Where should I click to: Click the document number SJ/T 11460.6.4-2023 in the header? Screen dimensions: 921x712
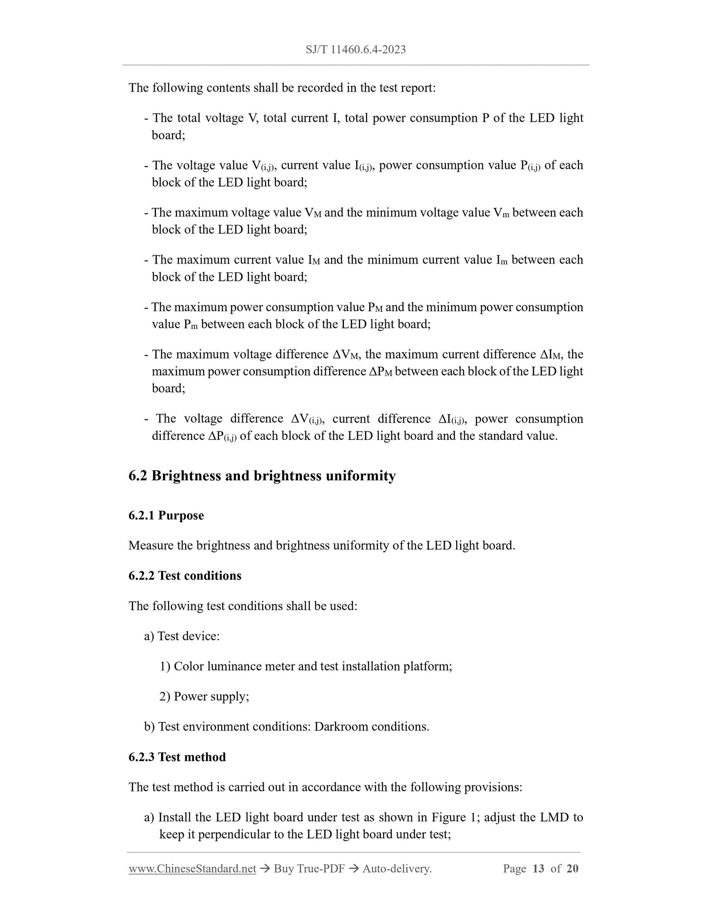click(x=356, y=49)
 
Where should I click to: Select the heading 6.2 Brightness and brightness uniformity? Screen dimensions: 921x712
click(x=262, y=476)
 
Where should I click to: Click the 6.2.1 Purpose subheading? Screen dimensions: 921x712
click(x=166, y=515)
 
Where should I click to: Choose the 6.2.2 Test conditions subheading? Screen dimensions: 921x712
click(x=185, y=576)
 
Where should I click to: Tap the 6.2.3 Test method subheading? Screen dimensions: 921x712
click(x=177, y=757)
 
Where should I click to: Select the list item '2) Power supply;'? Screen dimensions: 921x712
click(x=204, y=696)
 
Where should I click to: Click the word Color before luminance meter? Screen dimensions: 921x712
click(x=189, y=666)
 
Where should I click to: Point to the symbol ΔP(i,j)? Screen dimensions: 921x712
click(x=222, y=436)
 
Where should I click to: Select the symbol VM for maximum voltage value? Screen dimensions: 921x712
click(x=313, y=213)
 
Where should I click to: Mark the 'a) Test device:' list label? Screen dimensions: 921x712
click(x=182, y=636)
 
